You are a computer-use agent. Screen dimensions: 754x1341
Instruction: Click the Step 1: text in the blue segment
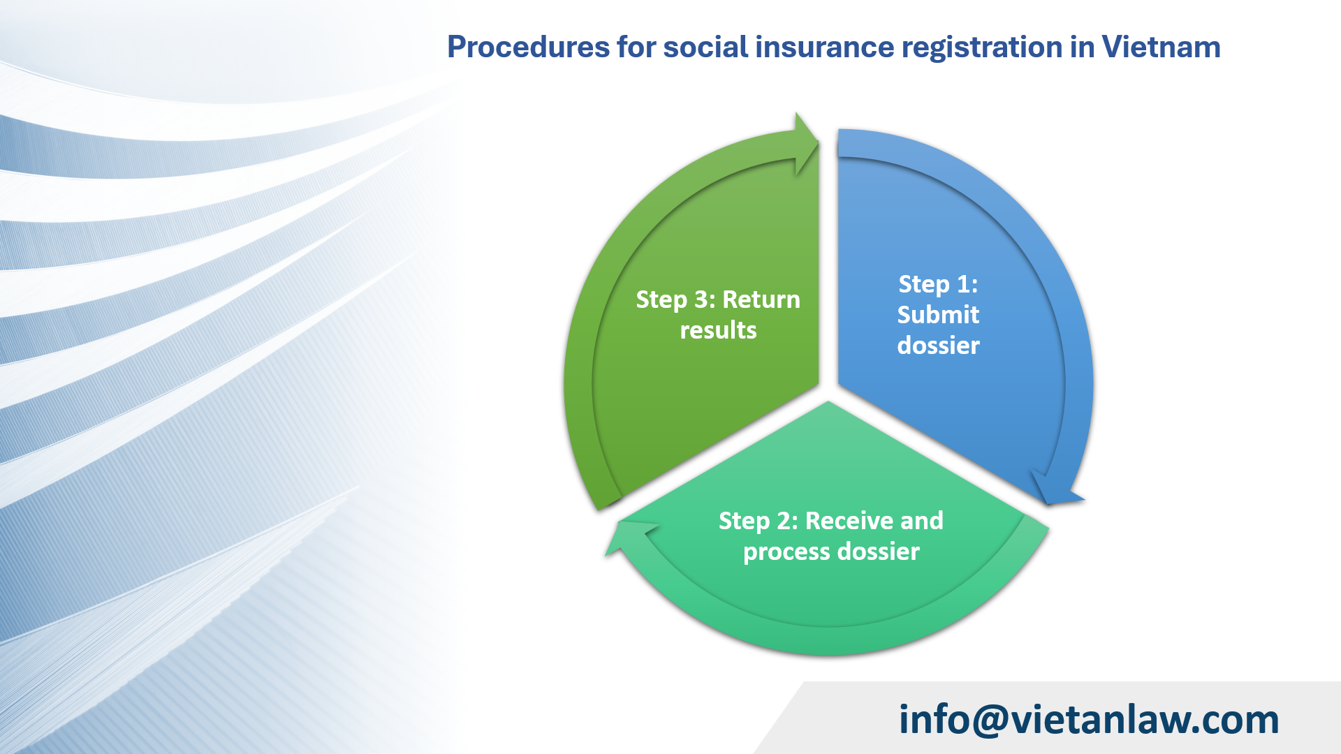click(938, 284)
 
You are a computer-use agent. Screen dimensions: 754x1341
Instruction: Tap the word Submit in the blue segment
click(938, 315)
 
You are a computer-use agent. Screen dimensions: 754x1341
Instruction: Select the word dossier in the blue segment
click(938, 346)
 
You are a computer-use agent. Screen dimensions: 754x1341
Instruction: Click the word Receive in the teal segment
click(848, 521)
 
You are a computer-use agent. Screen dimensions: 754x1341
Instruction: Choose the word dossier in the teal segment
click(878, 552)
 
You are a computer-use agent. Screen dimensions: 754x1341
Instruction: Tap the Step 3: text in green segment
click(675, 300)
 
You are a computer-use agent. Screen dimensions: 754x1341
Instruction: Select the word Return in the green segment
click(761, 300)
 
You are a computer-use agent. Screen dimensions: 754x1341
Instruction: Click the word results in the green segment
click(718, 330)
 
